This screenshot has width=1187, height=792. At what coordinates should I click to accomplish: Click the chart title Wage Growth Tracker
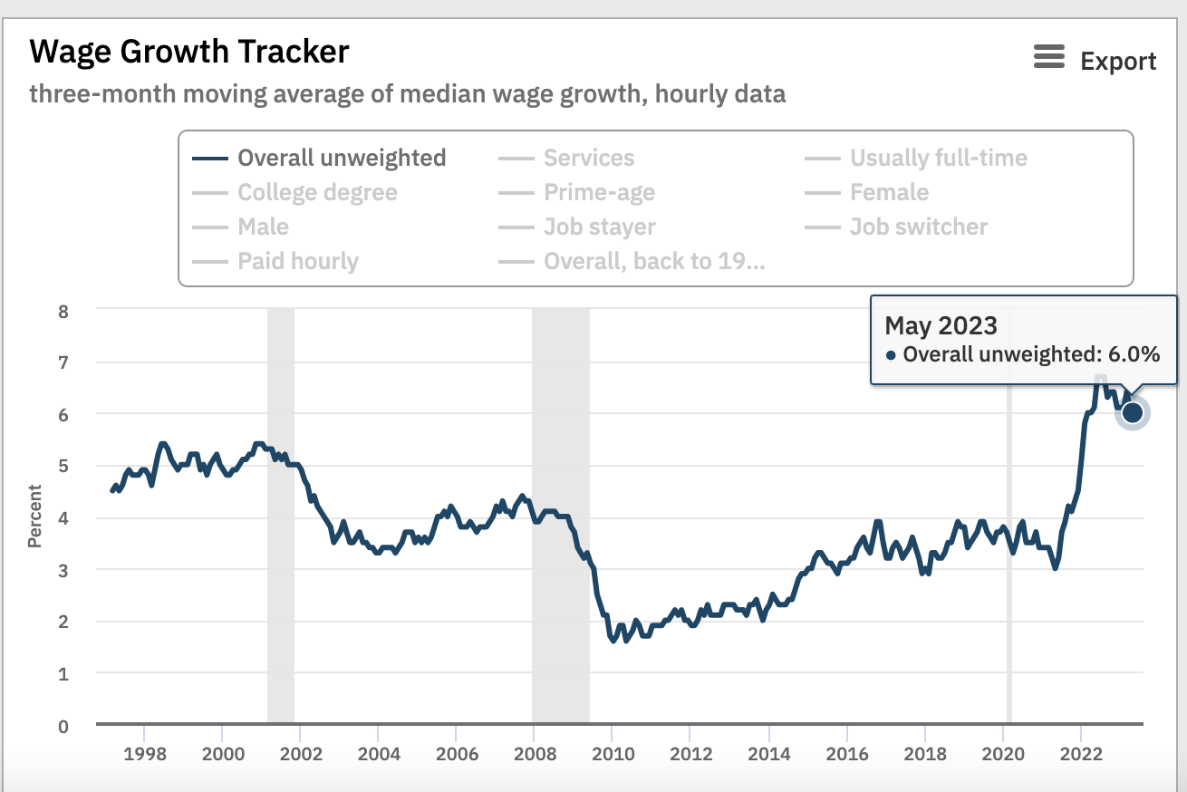pyautogui.click(x=188, y=52)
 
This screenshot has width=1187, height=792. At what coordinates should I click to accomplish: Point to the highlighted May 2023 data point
pyautogui.click(x=1132, y=413)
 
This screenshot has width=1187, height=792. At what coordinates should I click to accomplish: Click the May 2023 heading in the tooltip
pyautogui.click(x=941, y=325)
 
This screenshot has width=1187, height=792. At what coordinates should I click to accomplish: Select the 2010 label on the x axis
pyautogui.click(x=612, y=754)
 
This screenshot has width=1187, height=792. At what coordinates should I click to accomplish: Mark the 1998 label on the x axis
pyautogui.click(x=143, y=754)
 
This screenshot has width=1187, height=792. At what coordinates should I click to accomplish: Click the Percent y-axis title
pyautogui.click(x=34, y=517)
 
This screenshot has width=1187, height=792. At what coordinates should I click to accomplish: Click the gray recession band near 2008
pyautogui.click(x=560, y=507)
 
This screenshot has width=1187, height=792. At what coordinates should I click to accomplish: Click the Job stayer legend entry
pyautogui.click(x=599, y=227)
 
